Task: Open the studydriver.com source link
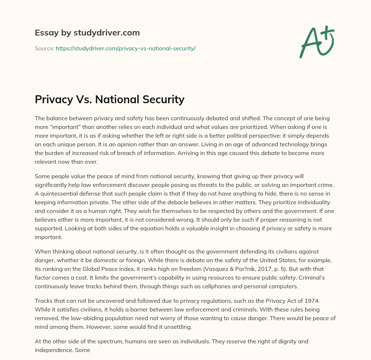click(x=125, y=48)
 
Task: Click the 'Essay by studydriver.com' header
click(x=87, y=33)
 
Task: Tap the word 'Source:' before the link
click(x=44, y=48)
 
